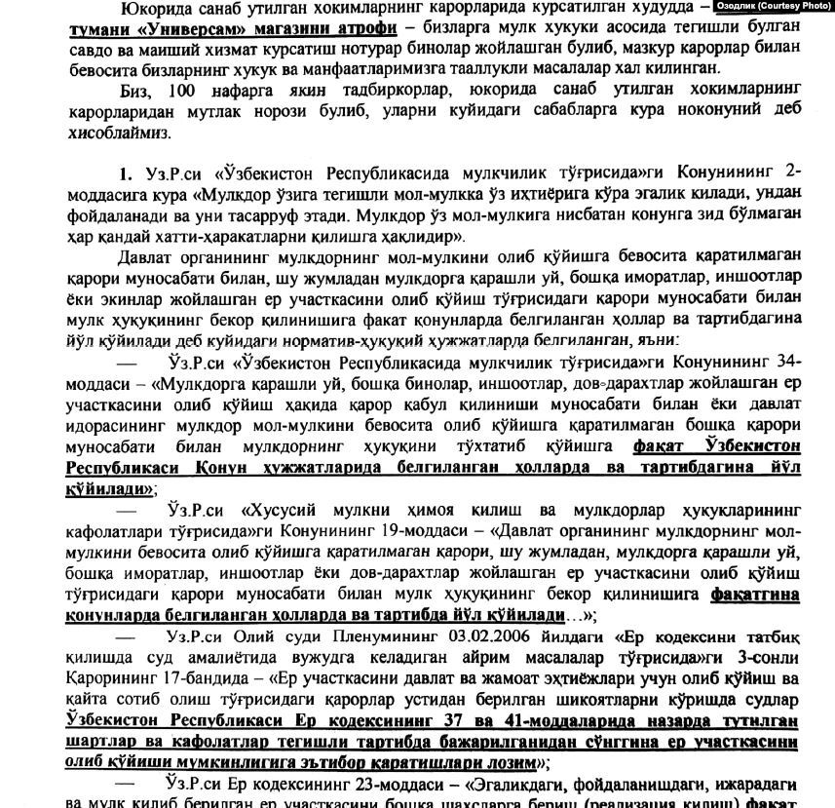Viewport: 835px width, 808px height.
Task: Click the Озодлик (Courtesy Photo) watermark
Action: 774,6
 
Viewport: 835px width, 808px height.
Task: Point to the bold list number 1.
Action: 125,174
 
